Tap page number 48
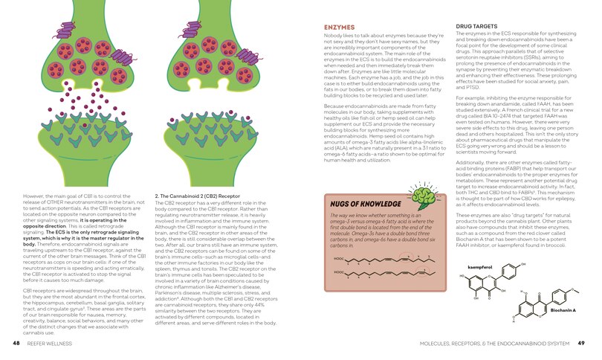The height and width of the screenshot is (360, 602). tap(16, 344)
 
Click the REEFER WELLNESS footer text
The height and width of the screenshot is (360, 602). tap(52, 344)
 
